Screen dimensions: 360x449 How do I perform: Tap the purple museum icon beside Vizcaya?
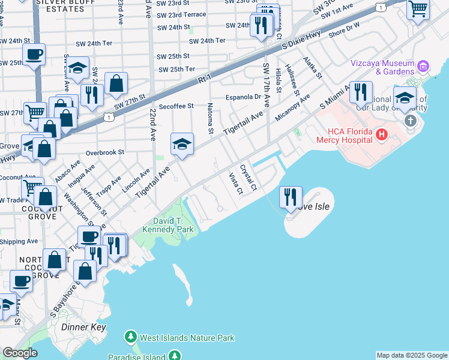(423, 65)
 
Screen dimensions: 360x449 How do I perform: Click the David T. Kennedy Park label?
(168, 225)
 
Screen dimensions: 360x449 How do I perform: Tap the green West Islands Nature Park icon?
(131, 338)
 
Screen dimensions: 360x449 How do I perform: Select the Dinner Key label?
(83, 327)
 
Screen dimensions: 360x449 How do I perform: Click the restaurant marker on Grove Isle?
(291, 197)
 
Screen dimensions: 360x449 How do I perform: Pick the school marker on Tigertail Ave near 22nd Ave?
(182, 145)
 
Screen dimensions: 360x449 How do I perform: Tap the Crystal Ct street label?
(249, 178)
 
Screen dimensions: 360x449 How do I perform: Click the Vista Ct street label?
(235, 184)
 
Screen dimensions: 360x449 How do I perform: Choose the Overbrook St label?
(104, 152)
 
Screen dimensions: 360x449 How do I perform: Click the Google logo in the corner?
(19, 353)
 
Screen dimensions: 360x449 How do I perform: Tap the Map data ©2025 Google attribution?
(411, 355)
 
